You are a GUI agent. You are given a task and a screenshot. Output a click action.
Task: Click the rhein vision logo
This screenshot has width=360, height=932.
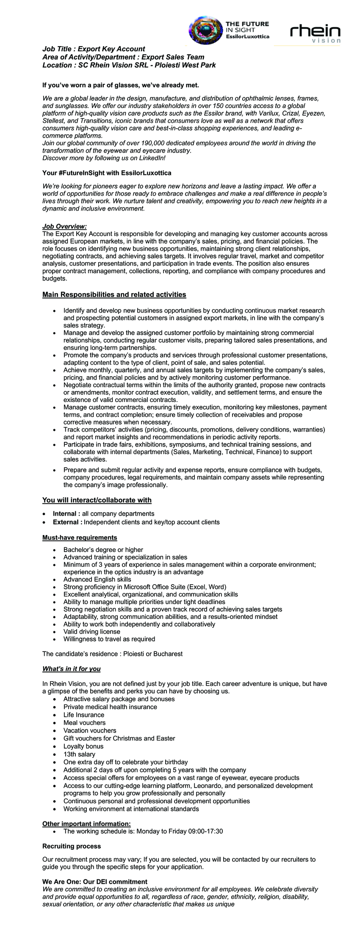(315, 33)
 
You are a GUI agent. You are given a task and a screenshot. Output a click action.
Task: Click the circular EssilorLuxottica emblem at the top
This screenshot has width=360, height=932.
(205, 30)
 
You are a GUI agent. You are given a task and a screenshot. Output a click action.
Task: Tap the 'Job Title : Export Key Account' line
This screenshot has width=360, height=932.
(94, 49)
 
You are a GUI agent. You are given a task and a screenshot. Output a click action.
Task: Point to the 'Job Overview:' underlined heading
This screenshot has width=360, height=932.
(64, 227)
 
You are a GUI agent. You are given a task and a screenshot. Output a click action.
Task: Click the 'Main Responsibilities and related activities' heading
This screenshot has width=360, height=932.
(114, 294)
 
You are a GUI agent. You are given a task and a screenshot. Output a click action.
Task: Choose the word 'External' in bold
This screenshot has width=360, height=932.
(65, 522)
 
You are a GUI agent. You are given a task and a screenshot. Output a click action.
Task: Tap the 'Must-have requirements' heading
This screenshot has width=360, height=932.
(80, 538)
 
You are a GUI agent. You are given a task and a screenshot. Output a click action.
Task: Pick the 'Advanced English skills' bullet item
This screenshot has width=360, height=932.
(97, 579)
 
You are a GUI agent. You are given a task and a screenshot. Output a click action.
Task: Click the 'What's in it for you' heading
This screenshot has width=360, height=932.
(72, 669)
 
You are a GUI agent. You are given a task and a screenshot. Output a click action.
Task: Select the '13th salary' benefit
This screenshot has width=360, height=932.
(79, 754)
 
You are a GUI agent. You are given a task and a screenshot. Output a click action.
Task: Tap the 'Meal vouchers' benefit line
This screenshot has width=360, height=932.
(84, 723)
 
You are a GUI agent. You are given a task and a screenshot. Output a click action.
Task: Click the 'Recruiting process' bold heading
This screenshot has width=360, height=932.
(72, 846)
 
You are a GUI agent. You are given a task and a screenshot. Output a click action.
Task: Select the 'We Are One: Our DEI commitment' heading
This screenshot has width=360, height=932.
(95, 882)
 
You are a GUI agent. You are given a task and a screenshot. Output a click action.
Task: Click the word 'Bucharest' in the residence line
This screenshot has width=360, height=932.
(168, 654)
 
